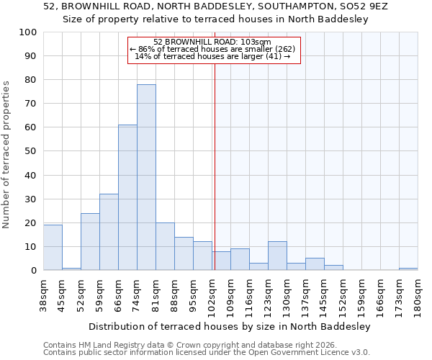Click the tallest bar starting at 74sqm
[x=146, y=177]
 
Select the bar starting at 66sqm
[x=127, y=197]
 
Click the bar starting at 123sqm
[x=277, y=256]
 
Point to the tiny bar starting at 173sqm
[x=408, y=269]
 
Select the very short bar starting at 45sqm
[x=71, y=269]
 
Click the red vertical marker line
[x=214, y=166]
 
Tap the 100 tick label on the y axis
[x=28, y=32]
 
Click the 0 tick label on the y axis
[x=34, y=271]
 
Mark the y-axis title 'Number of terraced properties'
[x=6, y=154]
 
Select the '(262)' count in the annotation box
[x=283, y=49]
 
